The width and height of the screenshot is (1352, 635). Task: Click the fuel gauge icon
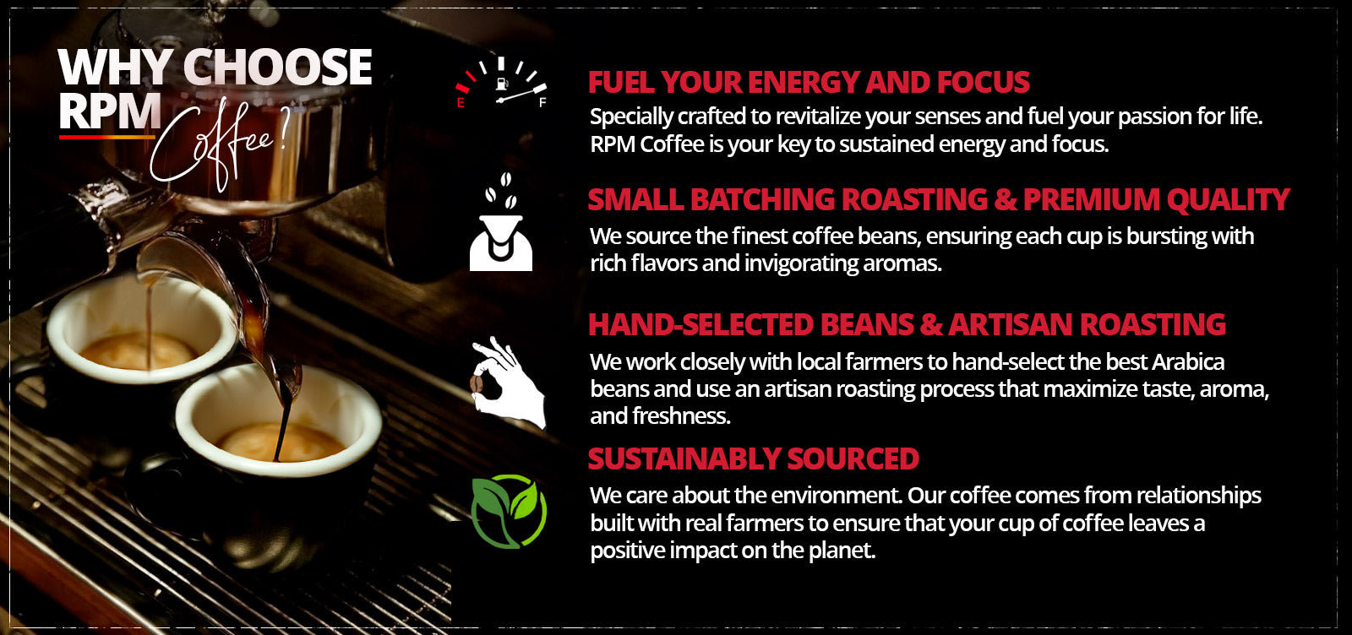tap(501, 83)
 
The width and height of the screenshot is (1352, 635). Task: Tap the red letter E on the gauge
tap(461, 103)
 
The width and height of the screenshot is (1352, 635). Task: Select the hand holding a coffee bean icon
tap(508, 383)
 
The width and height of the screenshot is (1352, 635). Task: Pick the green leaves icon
tap(509, 512)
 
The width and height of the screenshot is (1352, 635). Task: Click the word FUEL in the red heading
tap(620, 82)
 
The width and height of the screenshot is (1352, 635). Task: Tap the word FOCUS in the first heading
tap(984, 82)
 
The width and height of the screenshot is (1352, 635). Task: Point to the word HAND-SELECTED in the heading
tap(701, 324)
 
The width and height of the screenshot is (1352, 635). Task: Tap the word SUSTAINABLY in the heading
tap(684, 459)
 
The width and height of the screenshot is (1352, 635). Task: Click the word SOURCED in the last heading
tap(853, 459)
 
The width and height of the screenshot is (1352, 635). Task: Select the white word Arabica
tap(1188, 361)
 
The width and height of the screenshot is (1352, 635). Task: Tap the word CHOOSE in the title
tap(277, 67)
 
